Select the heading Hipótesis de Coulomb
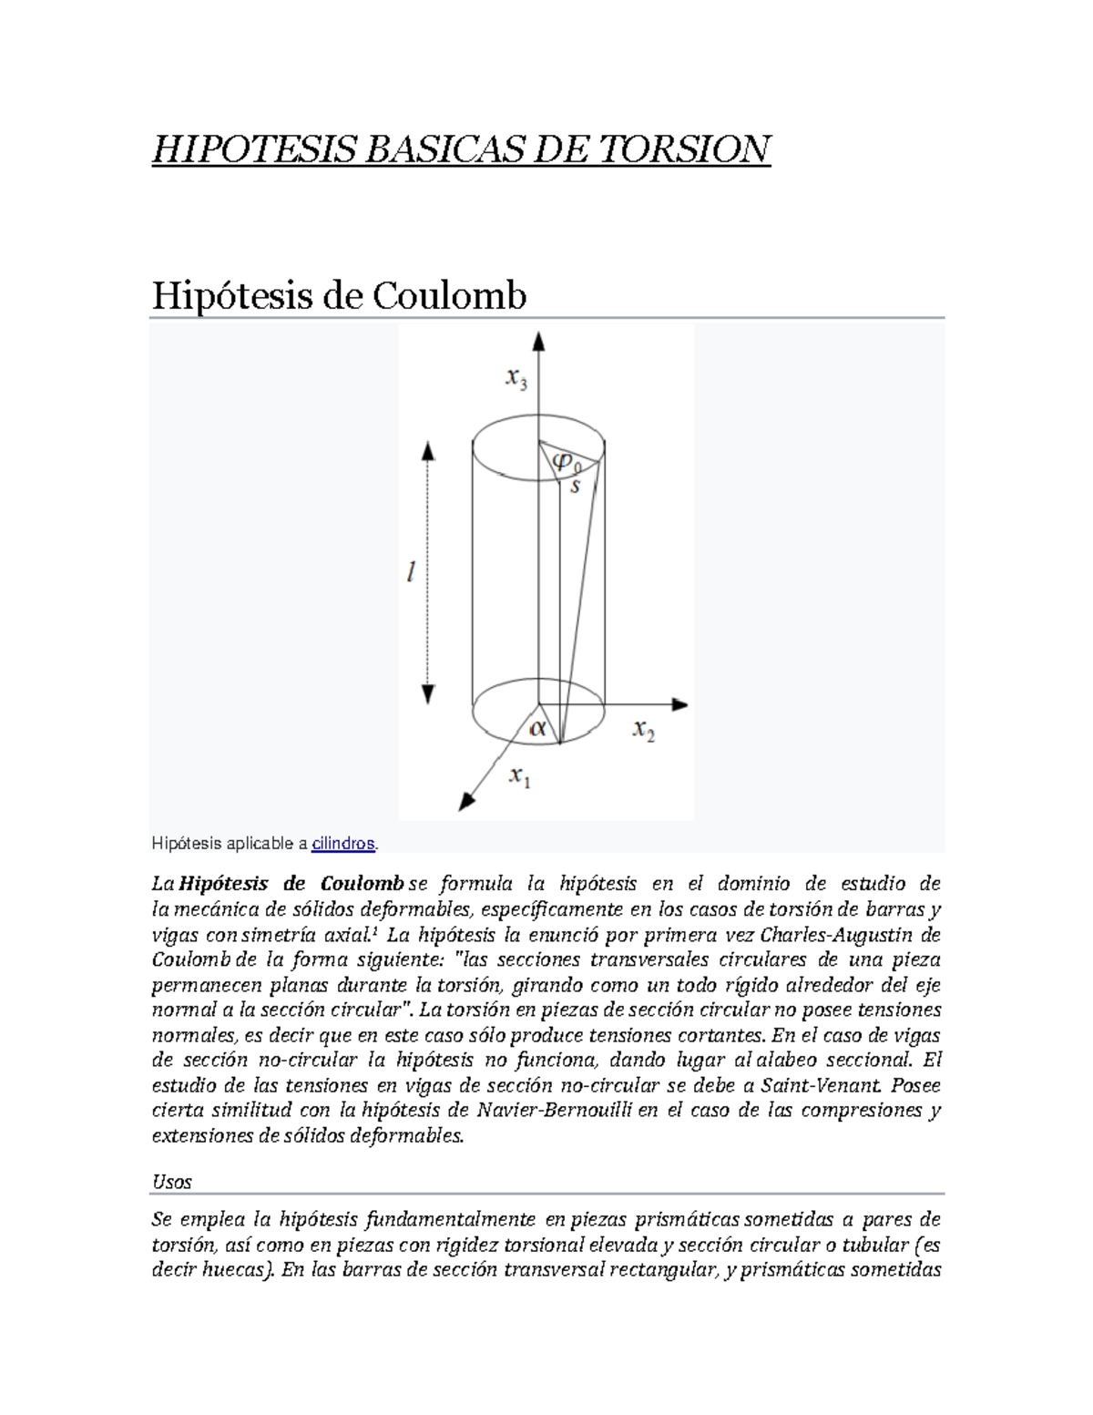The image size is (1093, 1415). click(x=339, y=295)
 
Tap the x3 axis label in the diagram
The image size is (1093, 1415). click(x=516, y=378)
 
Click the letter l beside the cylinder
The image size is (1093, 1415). click(x=412, y=572)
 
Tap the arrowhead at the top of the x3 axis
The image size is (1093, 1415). click(x=539, y=341)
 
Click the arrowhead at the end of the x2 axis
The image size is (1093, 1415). click(x=679, y=703)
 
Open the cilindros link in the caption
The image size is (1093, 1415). click(x=343, y=844)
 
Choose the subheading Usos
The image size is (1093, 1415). click(x=172, y=1182)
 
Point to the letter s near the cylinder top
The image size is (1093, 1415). click(x=575, y=487)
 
